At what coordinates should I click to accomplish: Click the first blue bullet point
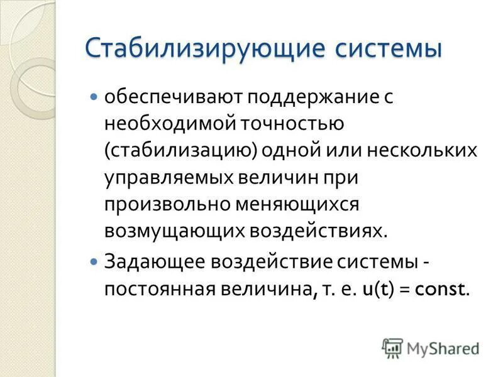coord(94,97)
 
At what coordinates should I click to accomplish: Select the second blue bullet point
coord(94,258)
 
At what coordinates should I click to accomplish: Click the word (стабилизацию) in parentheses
coord(172,151)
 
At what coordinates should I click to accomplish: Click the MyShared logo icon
coord(392,347)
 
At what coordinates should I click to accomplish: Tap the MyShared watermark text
coord(443,347)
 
